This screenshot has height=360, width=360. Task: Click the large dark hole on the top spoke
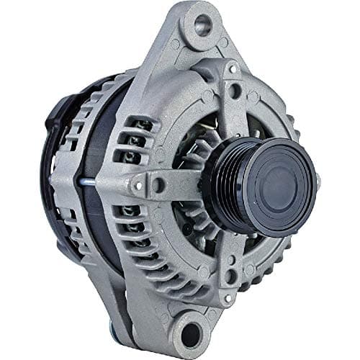click(235, 91)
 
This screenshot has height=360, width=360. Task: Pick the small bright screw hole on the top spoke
click(232, 68)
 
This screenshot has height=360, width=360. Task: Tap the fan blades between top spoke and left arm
click(194, 144)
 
